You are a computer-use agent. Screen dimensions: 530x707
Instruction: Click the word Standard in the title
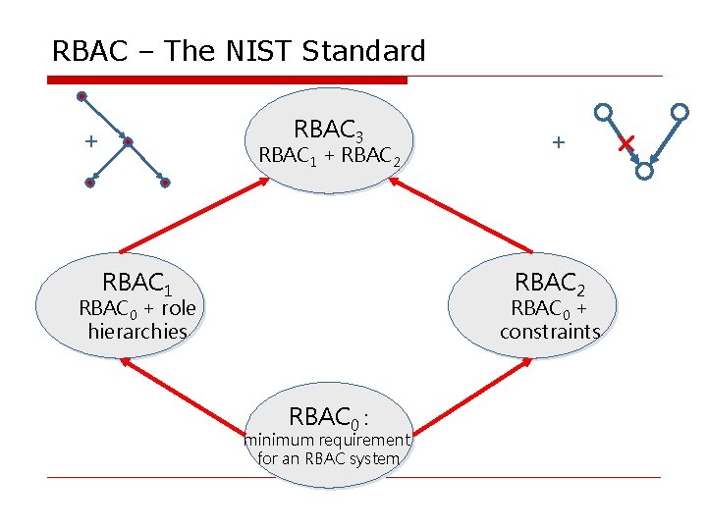click(364, 51)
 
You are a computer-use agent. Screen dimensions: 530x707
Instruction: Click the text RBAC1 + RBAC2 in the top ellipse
click(329, 156)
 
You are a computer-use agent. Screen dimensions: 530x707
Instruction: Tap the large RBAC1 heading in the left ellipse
click(137, 284)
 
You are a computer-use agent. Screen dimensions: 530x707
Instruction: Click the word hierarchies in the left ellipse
click(137, 332)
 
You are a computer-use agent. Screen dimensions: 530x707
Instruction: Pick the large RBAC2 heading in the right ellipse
click(550, 284)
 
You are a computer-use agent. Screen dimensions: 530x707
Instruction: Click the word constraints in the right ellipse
click(550, 332)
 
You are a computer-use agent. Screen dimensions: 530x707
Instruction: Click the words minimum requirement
click(327, 440)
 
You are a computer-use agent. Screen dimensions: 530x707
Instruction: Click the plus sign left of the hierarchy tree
click(90, 142)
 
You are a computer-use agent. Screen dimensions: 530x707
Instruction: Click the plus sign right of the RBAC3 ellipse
click(559, 142)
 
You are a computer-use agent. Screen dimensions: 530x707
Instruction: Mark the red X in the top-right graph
click(625, 145)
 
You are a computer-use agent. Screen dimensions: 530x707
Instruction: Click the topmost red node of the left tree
click(82, 96)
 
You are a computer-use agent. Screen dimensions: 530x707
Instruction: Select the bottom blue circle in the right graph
click(644, 171)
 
